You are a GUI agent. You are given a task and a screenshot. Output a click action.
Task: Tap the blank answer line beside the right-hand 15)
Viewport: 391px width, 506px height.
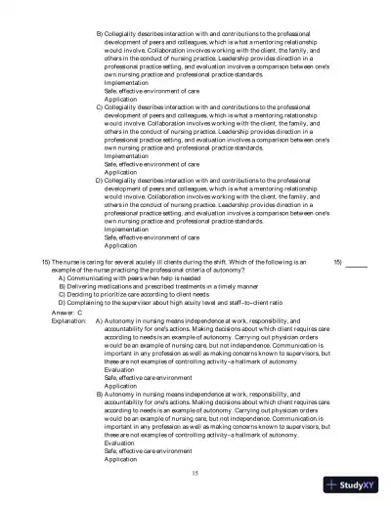[x=357, y=265]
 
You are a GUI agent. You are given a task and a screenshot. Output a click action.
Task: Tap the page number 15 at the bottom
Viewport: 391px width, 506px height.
[x=196, y=472]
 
